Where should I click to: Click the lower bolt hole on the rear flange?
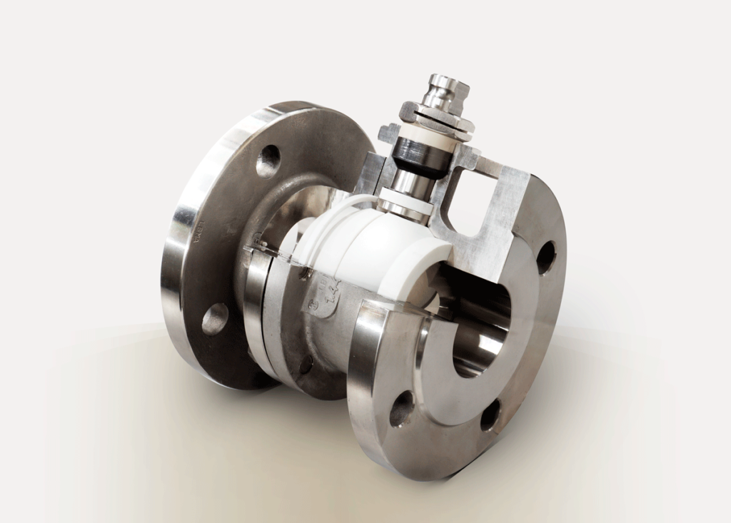[214, 319]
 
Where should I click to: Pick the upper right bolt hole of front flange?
[545, 257]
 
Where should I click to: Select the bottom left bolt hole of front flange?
[400, 410]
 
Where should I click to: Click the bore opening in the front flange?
[478, 328]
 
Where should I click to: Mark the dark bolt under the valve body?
[305, 365]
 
